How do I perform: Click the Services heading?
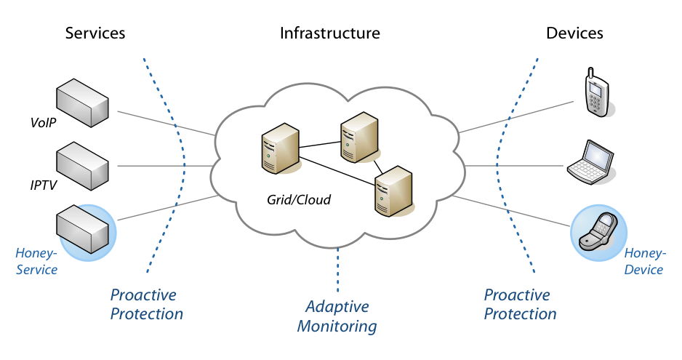95,33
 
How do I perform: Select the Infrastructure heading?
329,33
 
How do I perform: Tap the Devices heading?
574,33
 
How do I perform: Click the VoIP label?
44,123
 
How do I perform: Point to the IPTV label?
44,185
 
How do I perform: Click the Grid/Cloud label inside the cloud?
299,200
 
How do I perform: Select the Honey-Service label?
36,261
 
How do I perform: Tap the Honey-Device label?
645,261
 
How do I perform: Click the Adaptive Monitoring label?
337,316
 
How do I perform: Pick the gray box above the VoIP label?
82,103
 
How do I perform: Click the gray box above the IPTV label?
82,166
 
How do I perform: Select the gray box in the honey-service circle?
82,229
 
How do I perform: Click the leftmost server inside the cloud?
280,148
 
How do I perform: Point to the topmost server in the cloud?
359,137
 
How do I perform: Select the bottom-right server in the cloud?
393,191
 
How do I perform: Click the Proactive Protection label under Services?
147,304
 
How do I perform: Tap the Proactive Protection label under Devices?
520,304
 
